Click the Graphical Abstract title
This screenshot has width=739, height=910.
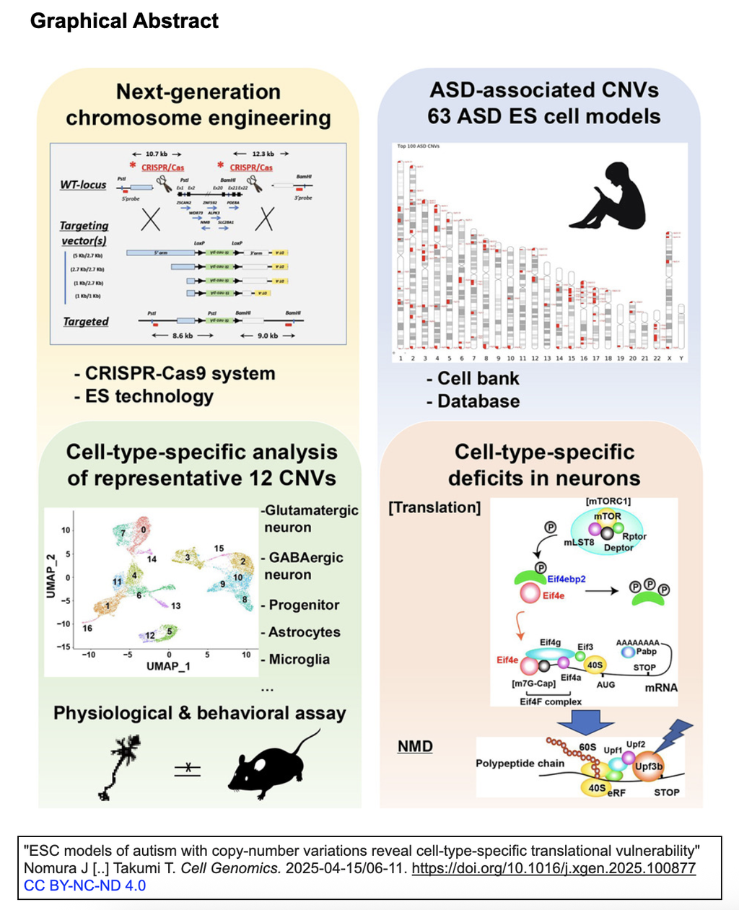tap(124, 21)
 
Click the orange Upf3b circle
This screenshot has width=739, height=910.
tap(648, 766)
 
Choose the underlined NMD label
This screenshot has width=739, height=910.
tap(415, 746)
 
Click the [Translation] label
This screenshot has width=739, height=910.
tap(434, 507)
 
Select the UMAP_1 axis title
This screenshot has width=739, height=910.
tap(167, 666)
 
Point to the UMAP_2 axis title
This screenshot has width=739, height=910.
tap(51, 577)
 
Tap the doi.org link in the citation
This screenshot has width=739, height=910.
tap(554, 868)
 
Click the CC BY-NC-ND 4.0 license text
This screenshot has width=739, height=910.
tap(84, 885)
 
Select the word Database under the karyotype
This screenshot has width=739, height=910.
tap(478, 401)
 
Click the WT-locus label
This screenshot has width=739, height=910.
tap(83, 185)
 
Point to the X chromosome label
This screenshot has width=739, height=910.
tap(669, 358)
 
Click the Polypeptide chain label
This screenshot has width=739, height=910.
tap(520, 764)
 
